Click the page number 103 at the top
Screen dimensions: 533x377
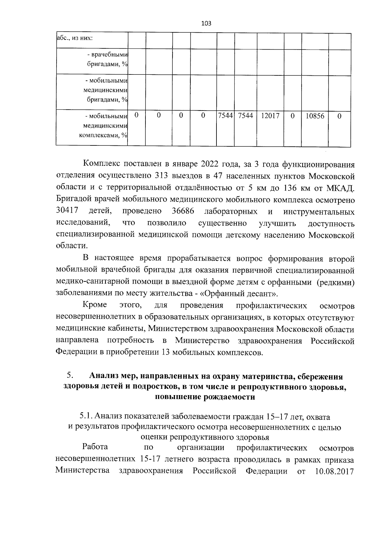[206, 23]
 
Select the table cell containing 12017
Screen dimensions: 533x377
[270, 116]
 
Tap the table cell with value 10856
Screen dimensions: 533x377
[315, 116]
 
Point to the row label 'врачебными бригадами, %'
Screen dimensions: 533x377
[107, 59]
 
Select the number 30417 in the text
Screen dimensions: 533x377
[67, 211]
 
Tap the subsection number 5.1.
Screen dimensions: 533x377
[85, 417]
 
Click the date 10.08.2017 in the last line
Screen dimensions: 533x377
[334, 471]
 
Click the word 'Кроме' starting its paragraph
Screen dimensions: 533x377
[95, 305]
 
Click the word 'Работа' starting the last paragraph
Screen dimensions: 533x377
[95, 447]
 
